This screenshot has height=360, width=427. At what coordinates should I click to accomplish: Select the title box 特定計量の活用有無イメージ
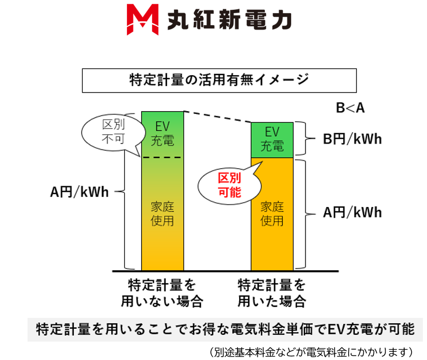point(219,80)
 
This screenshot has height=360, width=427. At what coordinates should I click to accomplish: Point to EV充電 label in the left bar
point(163,133)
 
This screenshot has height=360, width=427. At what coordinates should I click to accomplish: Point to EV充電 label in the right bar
point(272,139)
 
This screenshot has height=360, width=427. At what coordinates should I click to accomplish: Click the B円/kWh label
point(351,139)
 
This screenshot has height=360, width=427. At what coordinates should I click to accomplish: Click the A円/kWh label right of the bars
point(351,213)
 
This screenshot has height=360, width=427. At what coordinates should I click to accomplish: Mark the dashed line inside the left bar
point(163,157)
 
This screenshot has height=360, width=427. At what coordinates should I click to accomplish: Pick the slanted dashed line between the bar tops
point(217,117)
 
